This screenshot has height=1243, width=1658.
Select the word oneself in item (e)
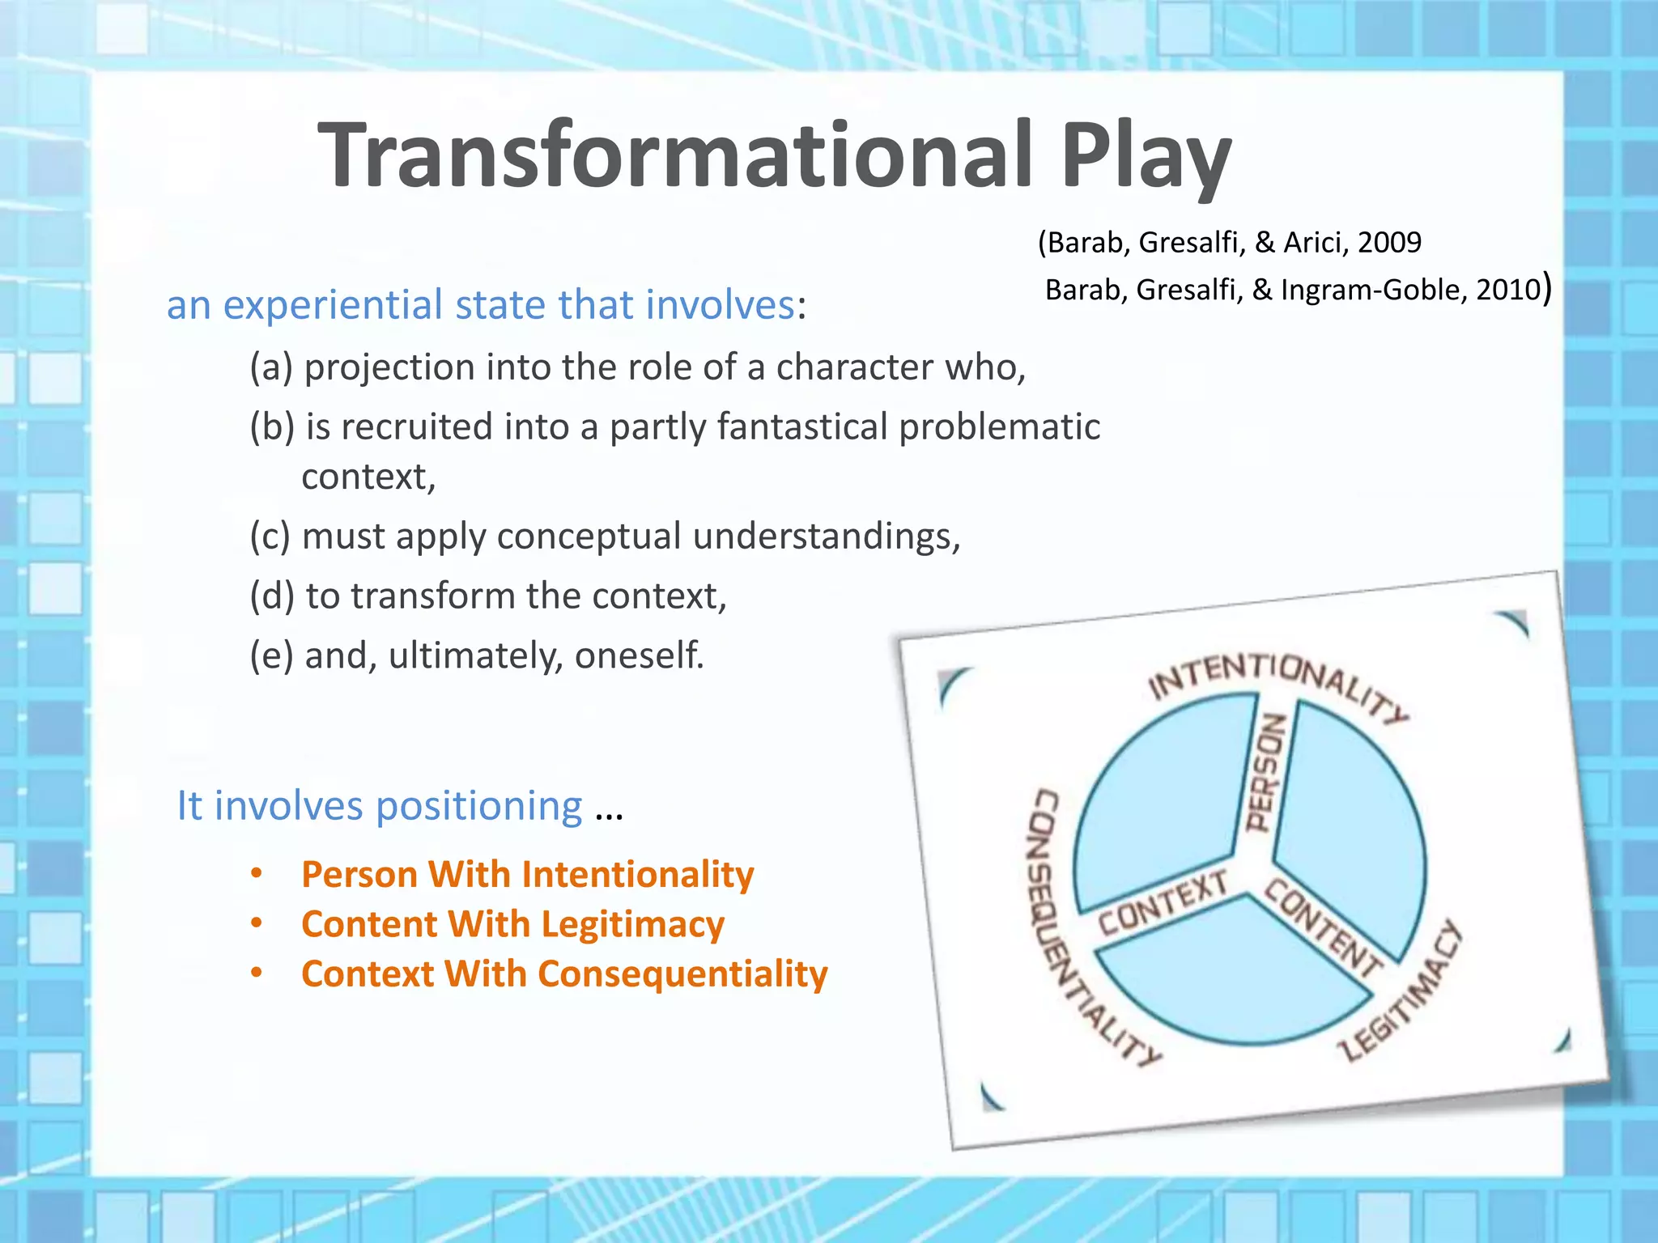[639, 655]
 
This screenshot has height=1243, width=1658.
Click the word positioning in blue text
[478, 806]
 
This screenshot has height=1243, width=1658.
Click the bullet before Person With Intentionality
[257, 874]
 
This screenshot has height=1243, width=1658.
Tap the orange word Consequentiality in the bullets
[682, 974]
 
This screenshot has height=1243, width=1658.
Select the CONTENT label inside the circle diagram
[1323, 928]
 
